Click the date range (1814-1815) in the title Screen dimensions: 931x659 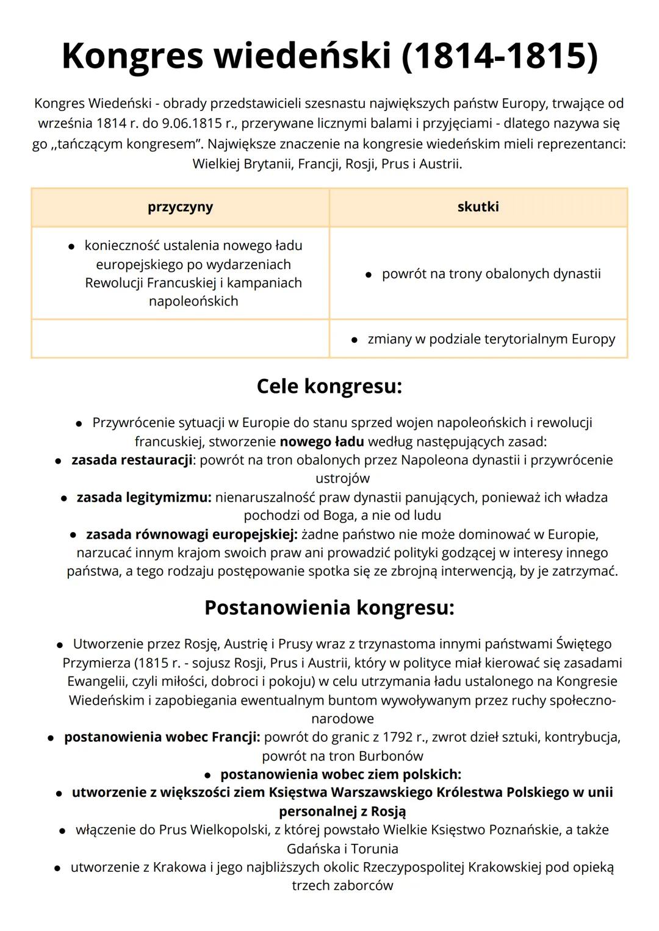(x=499, y=56)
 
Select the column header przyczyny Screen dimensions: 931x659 (x=180, y=207)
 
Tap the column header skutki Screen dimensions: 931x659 (x=478, y=207)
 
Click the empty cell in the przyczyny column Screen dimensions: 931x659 (x=180, y=339)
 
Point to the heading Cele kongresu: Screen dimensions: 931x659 (x=329, y=386)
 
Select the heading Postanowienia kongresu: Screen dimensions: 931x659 (x=329, y=608)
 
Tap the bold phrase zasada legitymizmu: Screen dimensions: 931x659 (x=144, y=497)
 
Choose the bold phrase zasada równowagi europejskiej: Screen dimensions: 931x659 (x=192, y=534)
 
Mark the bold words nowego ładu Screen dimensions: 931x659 (x=322, y=441)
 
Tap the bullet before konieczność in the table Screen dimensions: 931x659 (x=71, y=246)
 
